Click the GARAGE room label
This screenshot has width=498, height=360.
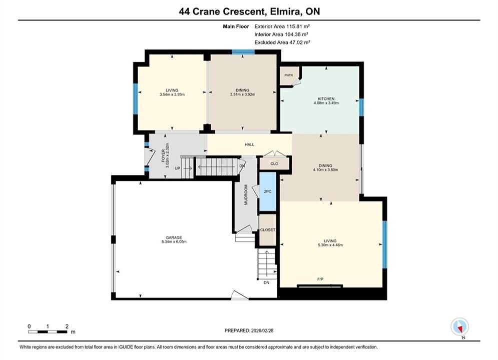point(174,237)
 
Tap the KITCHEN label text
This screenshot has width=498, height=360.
point(326,98)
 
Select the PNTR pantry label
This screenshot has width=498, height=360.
point(289,75)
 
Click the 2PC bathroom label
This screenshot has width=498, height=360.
point(268,191)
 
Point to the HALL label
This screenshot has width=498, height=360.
point(250,144)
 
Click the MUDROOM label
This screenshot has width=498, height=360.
point(246,194)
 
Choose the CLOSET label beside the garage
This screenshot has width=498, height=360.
point(268,229)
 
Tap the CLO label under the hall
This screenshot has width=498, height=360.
point(274,163)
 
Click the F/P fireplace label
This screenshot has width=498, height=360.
point(320,279)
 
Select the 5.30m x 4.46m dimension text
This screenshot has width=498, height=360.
point(330,245)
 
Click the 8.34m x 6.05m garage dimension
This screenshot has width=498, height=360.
point(174,241)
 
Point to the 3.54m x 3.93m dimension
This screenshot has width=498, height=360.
point(172,94)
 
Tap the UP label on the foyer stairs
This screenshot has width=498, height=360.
point(177,168)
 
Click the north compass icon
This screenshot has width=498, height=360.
point(459,326)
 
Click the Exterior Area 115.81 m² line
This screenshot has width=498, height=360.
point(282,26)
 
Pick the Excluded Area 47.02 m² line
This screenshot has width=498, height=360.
point(282,42)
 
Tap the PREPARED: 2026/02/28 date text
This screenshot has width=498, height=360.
point(249,330)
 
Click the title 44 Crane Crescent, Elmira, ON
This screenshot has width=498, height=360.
point(249,11)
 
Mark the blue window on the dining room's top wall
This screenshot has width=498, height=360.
point(243,52)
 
